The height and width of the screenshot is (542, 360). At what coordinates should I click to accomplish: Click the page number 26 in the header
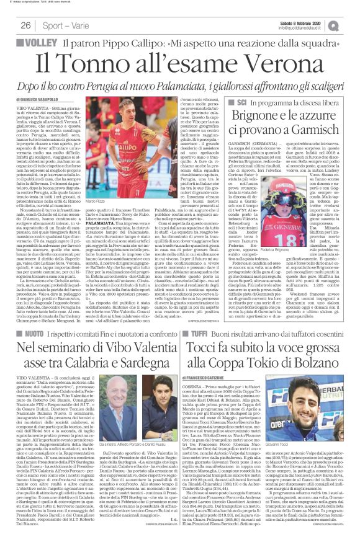(25, 25)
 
